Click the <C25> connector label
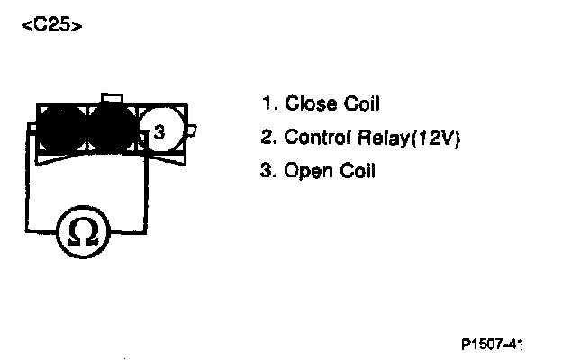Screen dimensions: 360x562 click(51, 25)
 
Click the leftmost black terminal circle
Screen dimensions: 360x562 click(60, 131)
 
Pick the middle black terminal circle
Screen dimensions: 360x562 click(112, 131)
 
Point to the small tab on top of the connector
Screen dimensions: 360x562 click(112, 97)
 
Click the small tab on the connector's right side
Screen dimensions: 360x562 click(191, 131)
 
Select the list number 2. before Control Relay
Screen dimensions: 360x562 click(267, 138)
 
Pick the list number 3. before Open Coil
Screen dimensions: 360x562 click(267, 171)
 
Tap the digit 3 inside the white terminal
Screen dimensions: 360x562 click(159, 133)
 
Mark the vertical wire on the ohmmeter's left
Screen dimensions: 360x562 click(25, 189)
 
